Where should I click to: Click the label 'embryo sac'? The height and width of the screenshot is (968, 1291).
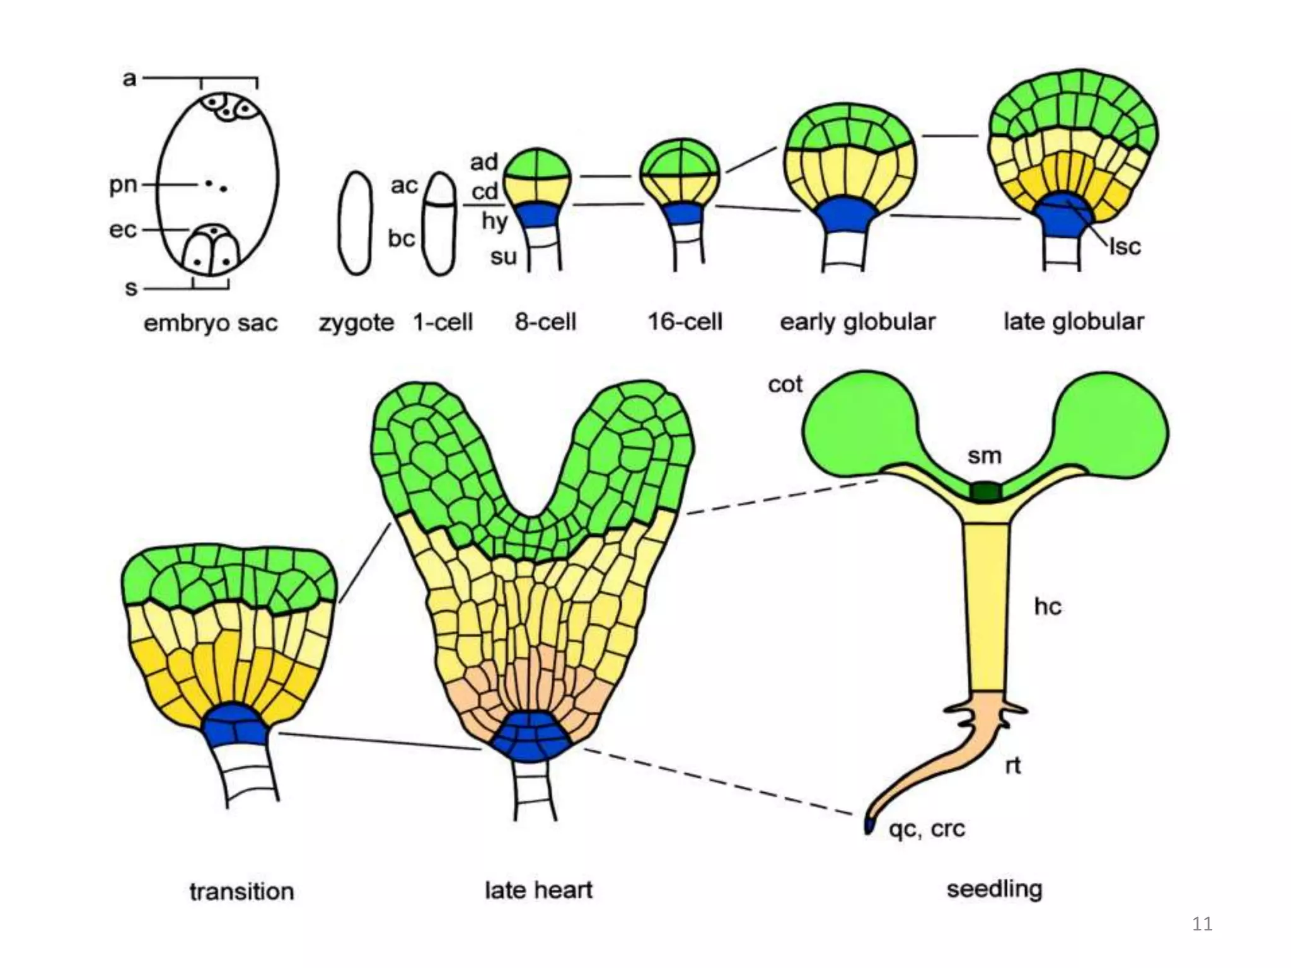coord(211,323)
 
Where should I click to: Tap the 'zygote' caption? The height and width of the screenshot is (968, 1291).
coord(356,323)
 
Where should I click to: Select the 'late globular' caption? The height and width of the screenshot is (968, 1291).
coord(1074,322)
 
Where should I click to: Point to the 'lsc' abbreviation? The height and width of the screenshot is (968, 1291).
coord(1125,247)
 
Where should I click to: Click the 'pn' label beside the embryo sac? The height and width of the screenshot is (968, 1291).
coord(123,185)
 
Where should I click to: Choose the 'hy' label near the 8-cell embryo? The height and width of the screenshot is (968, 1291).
coord(495,221)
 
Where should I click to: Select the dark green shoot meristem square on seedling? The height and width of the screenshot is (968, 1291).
coord(985,491)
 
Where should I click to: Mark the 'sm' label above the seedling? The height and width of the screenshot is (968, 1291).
coord(985,456)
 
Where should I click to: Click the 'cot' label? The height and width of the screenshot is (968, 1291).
coord(785,384)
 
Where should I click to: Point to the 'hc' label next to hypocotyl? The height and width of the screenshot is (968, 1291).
coord(1048,606)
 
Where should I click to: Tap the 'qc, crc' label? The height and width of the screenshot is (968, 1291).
coord(927,829)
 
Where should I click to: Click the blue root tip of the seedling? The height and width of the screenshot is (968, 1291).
coord(869,826)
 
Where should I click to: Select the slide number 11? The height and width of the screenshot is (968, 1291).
coord(1202,924)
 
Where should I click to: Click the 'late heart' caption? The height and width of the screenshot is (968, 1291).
coord(538,890)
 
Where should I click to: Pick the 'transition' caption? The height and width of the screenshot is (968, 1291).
coord(241,892)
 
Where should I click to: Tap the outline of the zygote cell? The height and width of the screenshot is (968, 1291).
coord(340,223)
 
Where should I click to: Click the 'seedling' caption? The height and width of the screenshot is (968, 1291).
coord(994,889)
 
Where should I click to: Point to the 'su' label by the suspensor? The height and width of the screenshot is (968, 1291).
coord(503,256)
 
